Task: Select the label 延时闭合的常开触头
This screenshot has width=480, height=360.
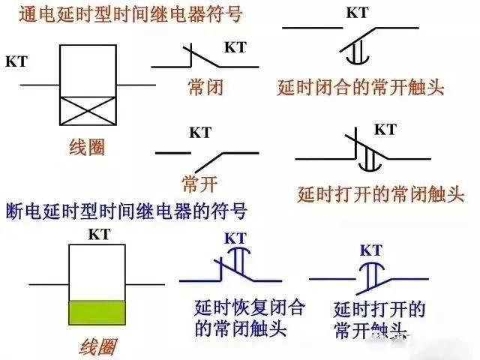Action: tap(361, 87)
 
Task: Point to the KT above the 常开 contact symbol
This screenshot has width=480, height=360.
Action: tap(200, 133)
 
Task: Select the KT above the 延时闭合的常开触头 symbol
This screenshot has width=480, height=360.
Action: tap(357, 13)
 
